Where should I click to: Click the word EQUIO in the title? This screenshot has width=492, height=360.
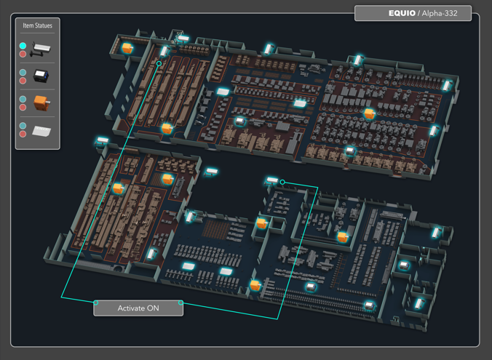point(402,13)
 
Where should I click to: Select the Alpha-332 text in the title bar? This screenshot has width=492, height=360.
point(440,13)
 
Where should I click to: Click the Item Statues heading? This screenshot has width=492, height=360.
point(37,25)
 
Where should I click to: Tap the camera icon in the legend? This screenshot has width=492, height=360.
point(40,49)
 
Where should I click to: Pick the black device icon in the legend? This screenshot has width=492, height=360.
point(41,76)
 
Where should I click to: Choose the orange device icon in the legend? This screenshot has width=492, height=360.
point(41,103)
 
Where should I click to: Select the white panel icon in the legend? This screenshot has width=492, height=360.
point(41,131)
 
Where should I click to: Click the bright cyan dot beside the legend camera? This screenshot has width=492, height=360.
point(23,46)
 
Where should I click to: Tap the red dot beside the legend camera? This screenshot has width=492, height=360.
point(23,54)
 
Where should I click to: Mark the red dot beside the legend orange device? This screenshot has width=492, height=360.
point(23,107)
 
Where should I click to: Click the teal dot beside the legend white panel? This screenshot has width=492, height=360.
point(23,126)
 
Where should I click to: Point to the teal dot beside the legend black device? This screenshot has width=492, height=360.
point(23,73)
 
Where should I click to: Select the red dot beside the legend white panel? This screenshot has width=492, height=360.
point(23,134)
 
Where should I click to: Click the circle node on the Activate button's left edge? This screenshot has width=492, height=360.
point(96,303)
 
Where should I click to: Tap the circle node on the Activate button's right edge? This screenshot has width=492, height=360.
point(180,303)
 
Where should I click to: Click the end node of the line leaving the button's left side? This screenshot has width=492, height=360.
point(159,64)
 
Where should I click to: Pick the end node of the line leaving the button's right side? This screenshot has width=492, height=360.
point(282,183)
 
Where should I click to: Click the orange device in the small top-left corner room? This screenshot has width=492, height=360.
point(127,48)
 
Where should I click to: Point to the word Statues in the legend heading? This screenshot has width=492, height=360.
point(44,25)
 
